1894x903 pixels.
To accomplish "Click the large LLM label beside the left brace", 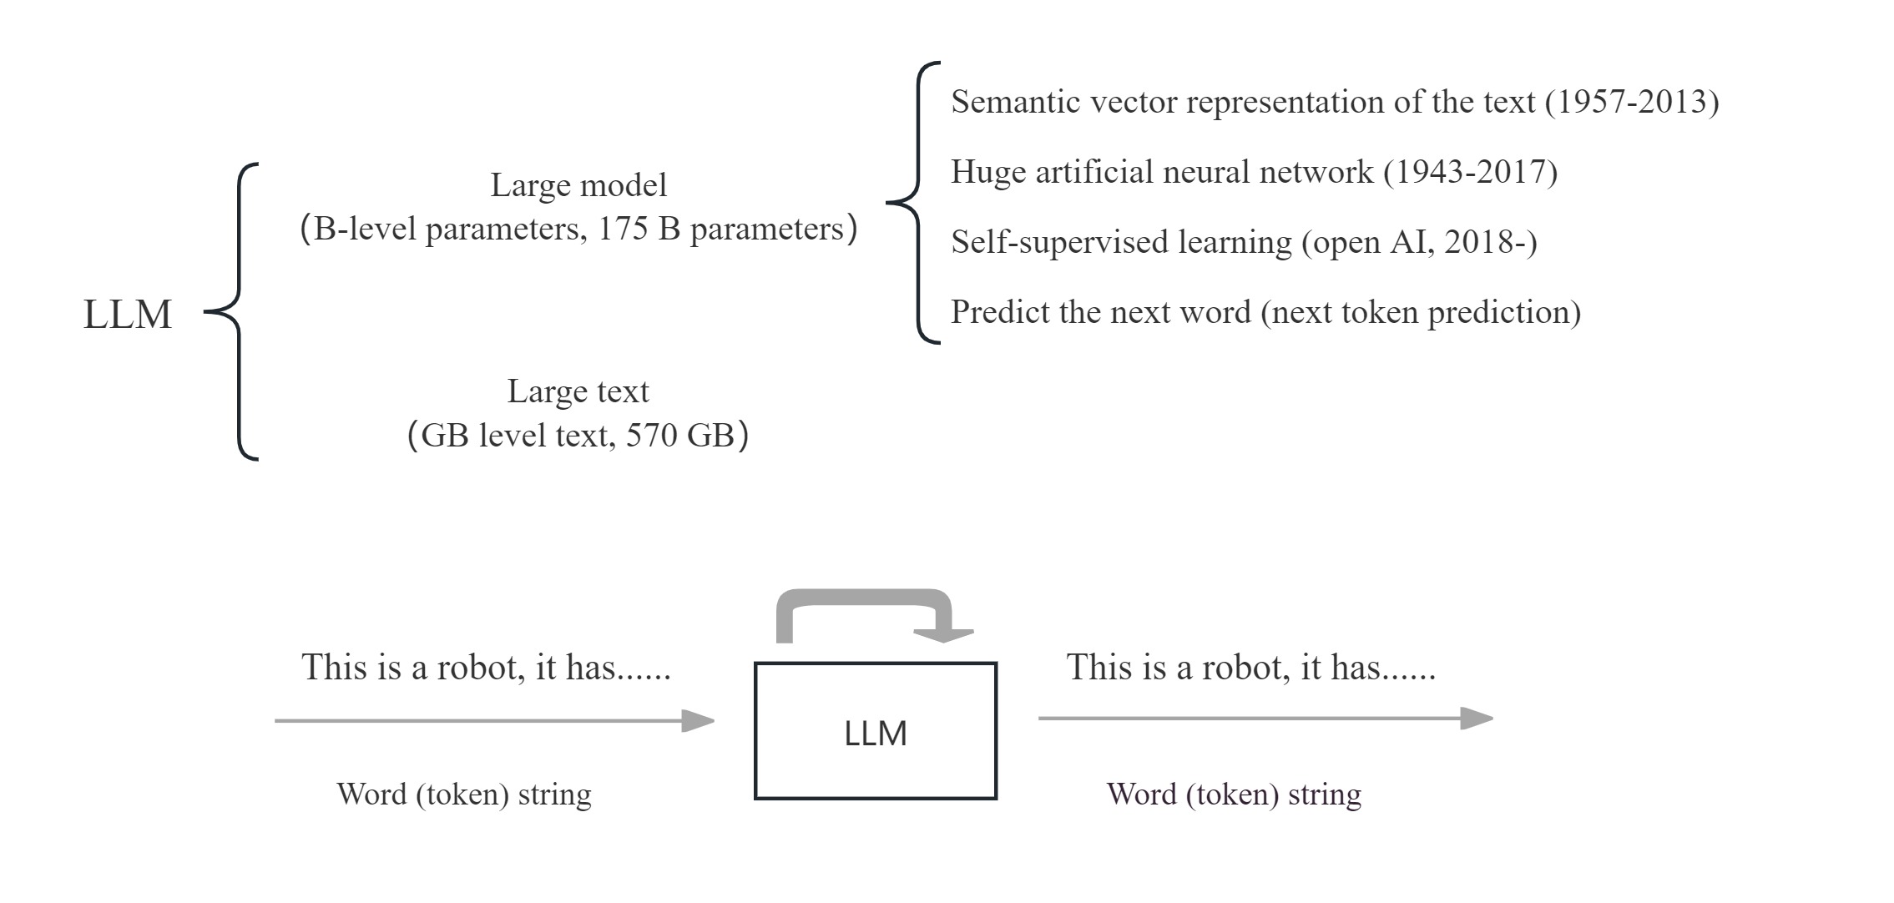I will tap(127, 315).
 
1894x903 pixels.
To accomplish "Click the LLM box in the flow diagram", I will tap(875, 732).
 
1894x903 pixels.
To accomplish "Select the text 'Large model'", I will tap(578, 185).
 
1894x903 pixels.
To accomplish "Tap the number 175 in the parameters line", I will tap(623, 230).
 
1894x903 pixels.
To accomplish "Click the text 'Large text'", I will tap(578, 391).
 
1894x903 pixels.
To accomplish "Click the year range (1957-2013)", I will tap(1631, 102).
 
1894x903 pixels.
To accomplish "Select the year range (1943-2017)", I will tap(1470, 172).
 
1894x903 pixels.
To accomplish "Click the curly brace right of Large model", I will tap(914, 202).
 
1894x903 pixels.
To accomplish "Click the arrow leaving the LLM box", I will tap(1264, 718).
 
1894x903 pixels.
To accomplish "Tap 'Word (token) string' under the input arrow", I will tap(463, 794).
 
